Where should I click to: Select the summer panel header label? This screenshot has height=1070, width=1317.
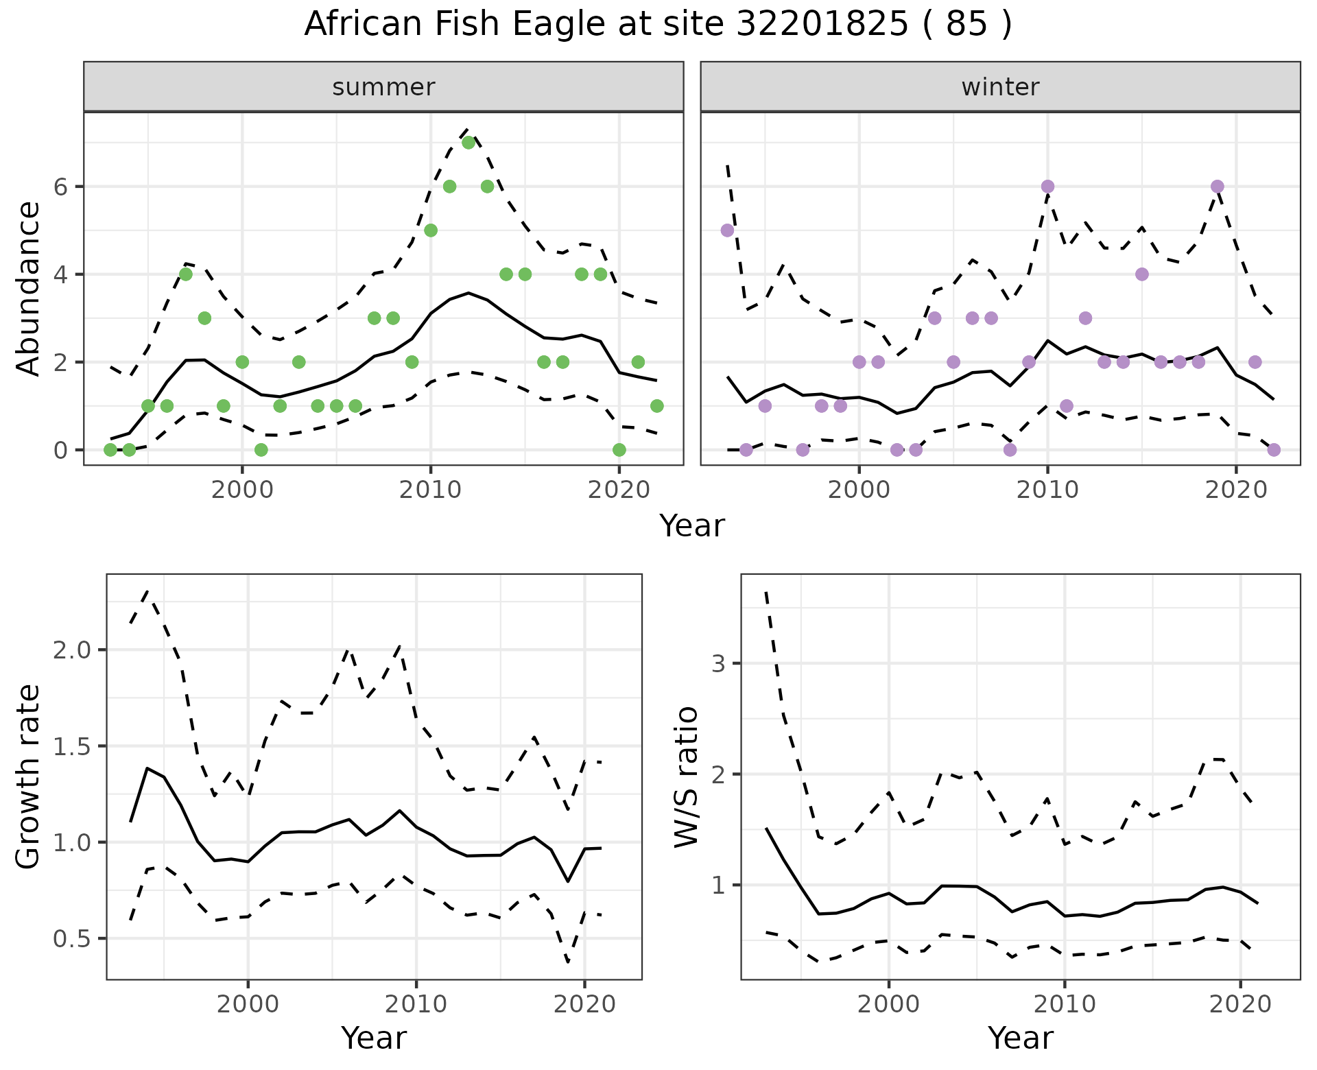click(383, 87)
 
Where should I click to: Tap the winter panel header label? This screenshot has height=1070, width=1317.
click(1000, 87)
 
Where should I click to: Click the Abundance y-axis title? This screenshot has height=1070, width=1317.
click(29, 288)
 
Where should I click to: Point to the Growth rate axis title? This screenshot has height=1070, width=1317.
click(29, 777)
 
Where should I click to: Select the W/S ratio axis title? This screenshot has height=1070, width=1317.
click(687, 777)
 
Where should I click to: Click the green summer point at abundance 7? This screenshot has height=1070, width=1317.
click(468, 143)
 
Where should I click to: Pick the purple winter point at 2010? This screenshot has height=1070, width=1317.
click(1047, 187)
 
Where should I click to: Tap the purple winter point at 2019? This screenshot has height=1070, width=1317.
click(1218, 187)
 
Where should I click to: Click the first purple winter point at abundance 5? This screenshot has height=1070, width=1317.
click(728, 230)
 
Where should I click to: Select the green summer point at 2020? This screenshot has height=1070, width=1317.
click(619, 450)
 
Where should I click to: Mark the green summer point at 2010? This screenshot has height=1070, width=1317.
click(431, 230)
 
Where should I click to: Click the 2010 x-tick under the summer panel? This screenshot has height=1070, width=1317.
click(430, 490)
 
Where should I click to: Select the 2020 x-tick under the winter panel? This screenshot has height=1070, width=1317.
click(1235, 490)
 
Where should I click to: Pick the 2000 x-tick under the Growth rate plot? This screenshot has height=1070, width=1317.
click(248, 1005)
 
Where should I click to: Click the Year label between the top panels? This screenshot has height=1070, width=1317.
click(691, 526)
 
